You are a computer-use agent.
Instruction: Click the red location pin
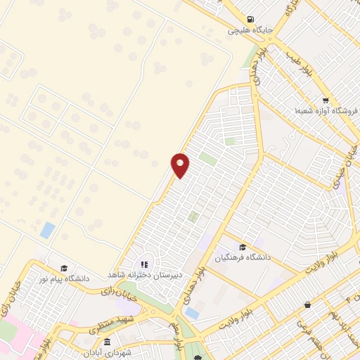[181, 164]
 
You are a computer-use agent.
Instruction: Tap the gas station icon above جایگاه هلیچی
[250, 20]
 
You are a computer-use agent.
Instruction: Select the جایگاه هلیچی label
[245, 31]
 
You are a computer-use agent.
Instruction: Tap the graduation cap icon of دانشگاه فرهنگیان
[243, 246]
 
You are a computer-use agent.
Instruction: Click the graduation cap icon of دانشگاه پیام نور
[64, 268]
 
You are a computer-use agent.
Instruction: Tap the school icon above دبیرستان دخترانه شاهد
[146, 264]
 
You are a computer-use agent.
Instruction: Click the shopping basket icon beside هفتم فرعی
[307, 304]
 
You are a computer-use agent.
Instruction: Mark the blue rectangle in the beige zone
[47, 229]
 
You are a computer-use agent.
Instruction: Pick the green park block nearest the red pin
[207, 159]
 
